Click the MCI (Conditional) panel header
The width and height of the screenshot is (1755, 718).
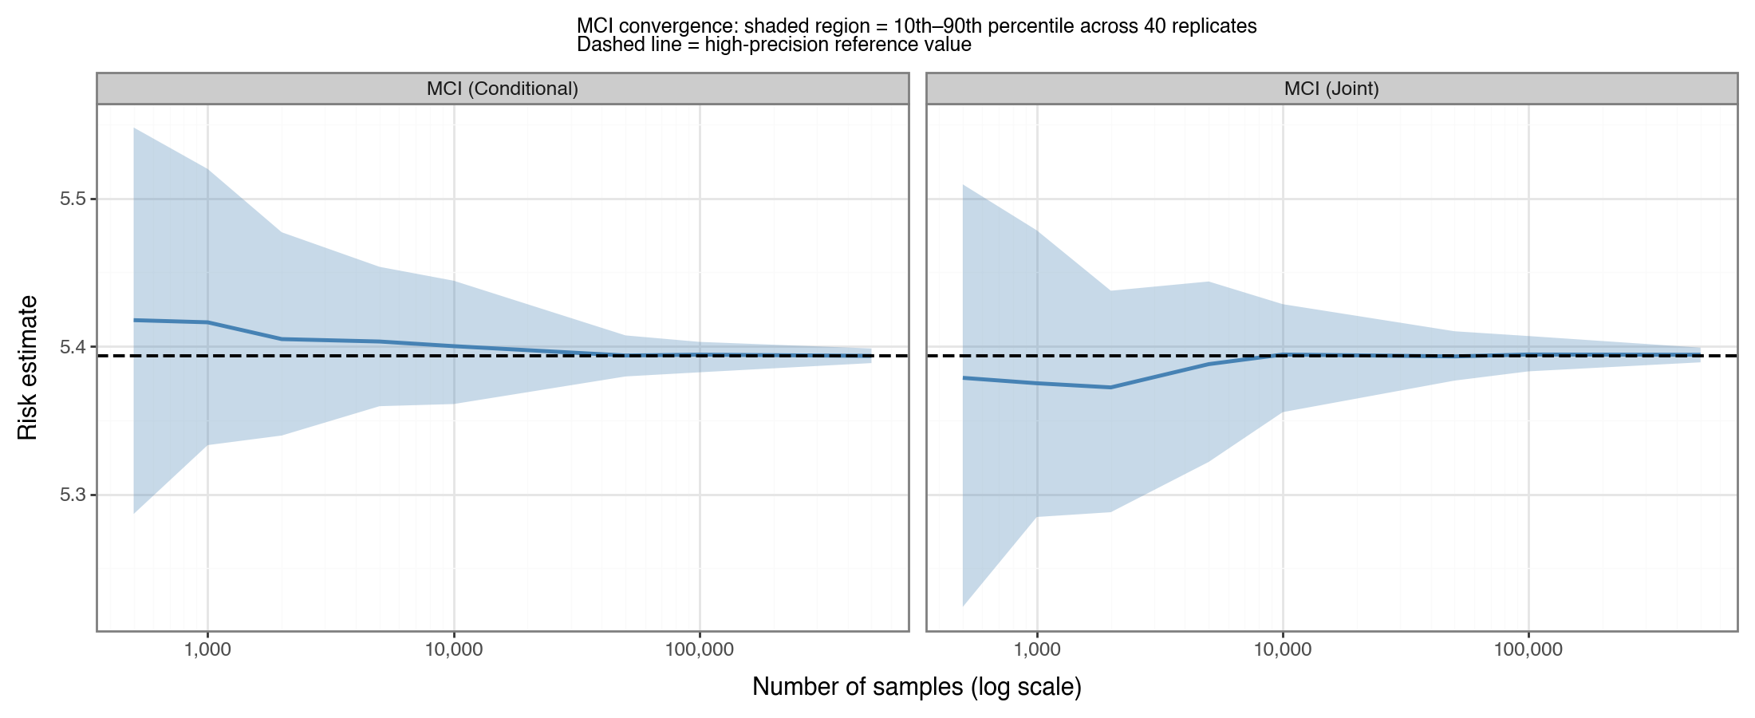click(502, 89)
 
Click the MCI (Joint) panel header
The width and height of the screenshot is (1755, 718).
click(1331, 89)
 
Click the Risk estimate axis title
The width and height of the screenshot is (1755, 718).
click(27, 367)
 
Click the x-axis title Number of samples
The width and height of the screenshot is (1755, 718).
click(916, 687)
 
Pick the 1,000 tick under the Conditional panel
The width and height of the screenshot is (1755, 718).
click(207, 650)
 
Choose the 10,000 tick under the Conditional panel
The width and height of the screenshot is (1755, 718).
click(454, 650)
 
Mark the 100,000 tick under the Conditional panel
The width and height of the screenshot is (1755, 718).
click(700, 650)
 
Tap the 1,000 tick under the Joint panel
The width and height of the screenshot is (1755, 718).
click(1037, 650)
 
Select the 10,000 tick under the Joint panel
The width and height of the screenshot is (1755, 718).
click(1283, 650)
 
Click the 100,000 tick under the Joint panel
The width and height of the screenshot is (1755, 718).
click(1528, 650)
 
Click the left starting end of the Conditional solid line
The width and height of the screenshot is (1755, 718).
click(134, 320)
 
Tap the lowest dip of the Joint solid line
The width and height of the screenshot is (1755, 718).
click(1110, 387)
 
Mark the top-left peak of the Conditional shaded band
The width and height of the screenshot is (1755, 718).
click(134, 128)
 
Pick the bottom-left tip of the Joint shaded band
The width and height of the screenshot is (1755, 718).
click(964, 606)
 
